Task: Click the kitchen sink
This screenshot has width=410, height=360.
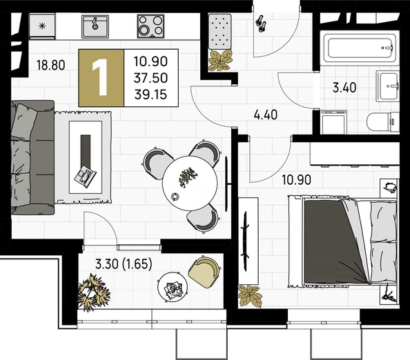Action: (95, 26)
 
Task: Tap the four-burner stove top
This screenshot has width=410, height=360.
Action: (151, 26)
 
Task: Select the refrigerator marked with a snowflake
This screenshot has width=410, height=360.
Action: (42, 26)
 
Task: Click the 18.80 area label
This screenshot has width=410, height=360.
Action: (50, 65)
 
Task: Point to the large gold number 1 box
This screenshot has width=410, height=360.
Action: (101, 78)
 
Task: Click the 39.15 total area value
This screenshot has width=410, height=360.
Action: (150, 94)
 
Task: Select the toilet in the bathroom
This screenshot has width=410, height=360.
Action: (383, 122)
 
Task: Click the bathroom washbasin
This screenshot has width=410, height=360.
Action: (388, 86)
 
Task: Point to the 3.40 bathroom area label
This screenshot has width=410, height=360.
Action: (344, 88)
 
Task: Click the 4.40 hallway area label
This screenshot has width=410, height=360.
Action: (266, 114)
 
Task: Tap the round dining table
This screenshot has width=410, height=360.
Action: (190, 183)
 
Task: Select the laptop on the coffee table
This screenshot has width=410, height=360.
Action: (85, 177)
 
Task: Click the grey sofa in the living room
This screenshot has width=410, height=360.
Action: (32, 157)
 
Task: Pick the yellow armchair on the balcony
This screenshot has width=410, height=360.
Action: (204, 272)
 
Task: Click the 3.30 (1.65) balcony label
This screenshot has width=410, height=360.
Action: (124, 264)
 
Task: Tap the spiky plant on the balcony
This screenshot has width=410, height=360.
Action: (93, 292)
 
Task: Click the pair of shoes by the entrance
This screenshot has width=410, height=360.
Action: (261, 24)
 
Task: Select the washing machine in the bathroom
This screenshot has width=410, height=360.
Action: (333, 122)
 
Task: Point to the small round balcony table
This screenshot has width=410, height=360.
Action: (173, 288)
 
